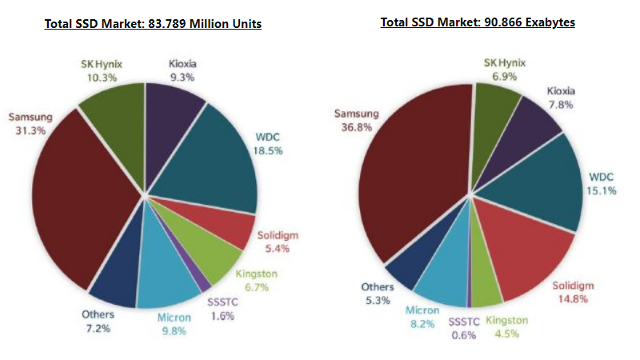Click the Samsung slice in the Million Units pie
(80, 200)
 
